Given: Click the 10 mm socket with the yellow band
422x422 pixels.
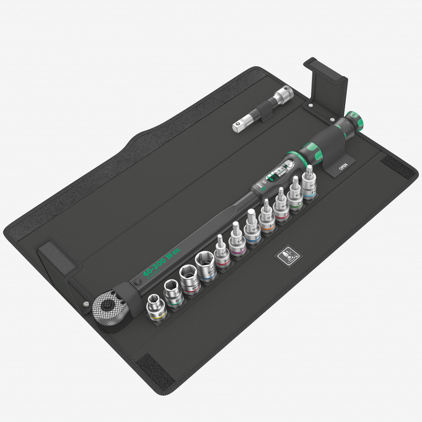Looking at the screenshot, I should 156,307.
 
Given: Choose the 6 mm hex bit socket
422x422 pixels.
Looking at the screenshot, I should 222,253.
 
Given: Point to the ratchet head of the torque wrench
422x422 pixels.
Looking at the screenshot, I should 107,308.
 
